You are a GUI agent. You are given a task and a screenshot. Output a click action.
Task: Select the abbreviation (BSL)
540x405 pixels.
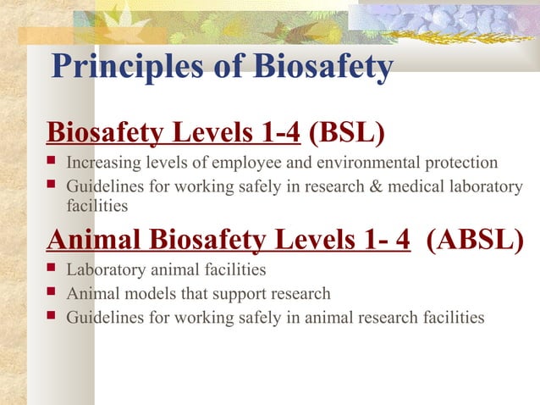[x=347, y=134]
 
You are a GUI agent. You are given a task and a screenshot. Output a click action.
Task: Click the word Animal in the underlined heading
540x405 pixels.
[x=95, y=240]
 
